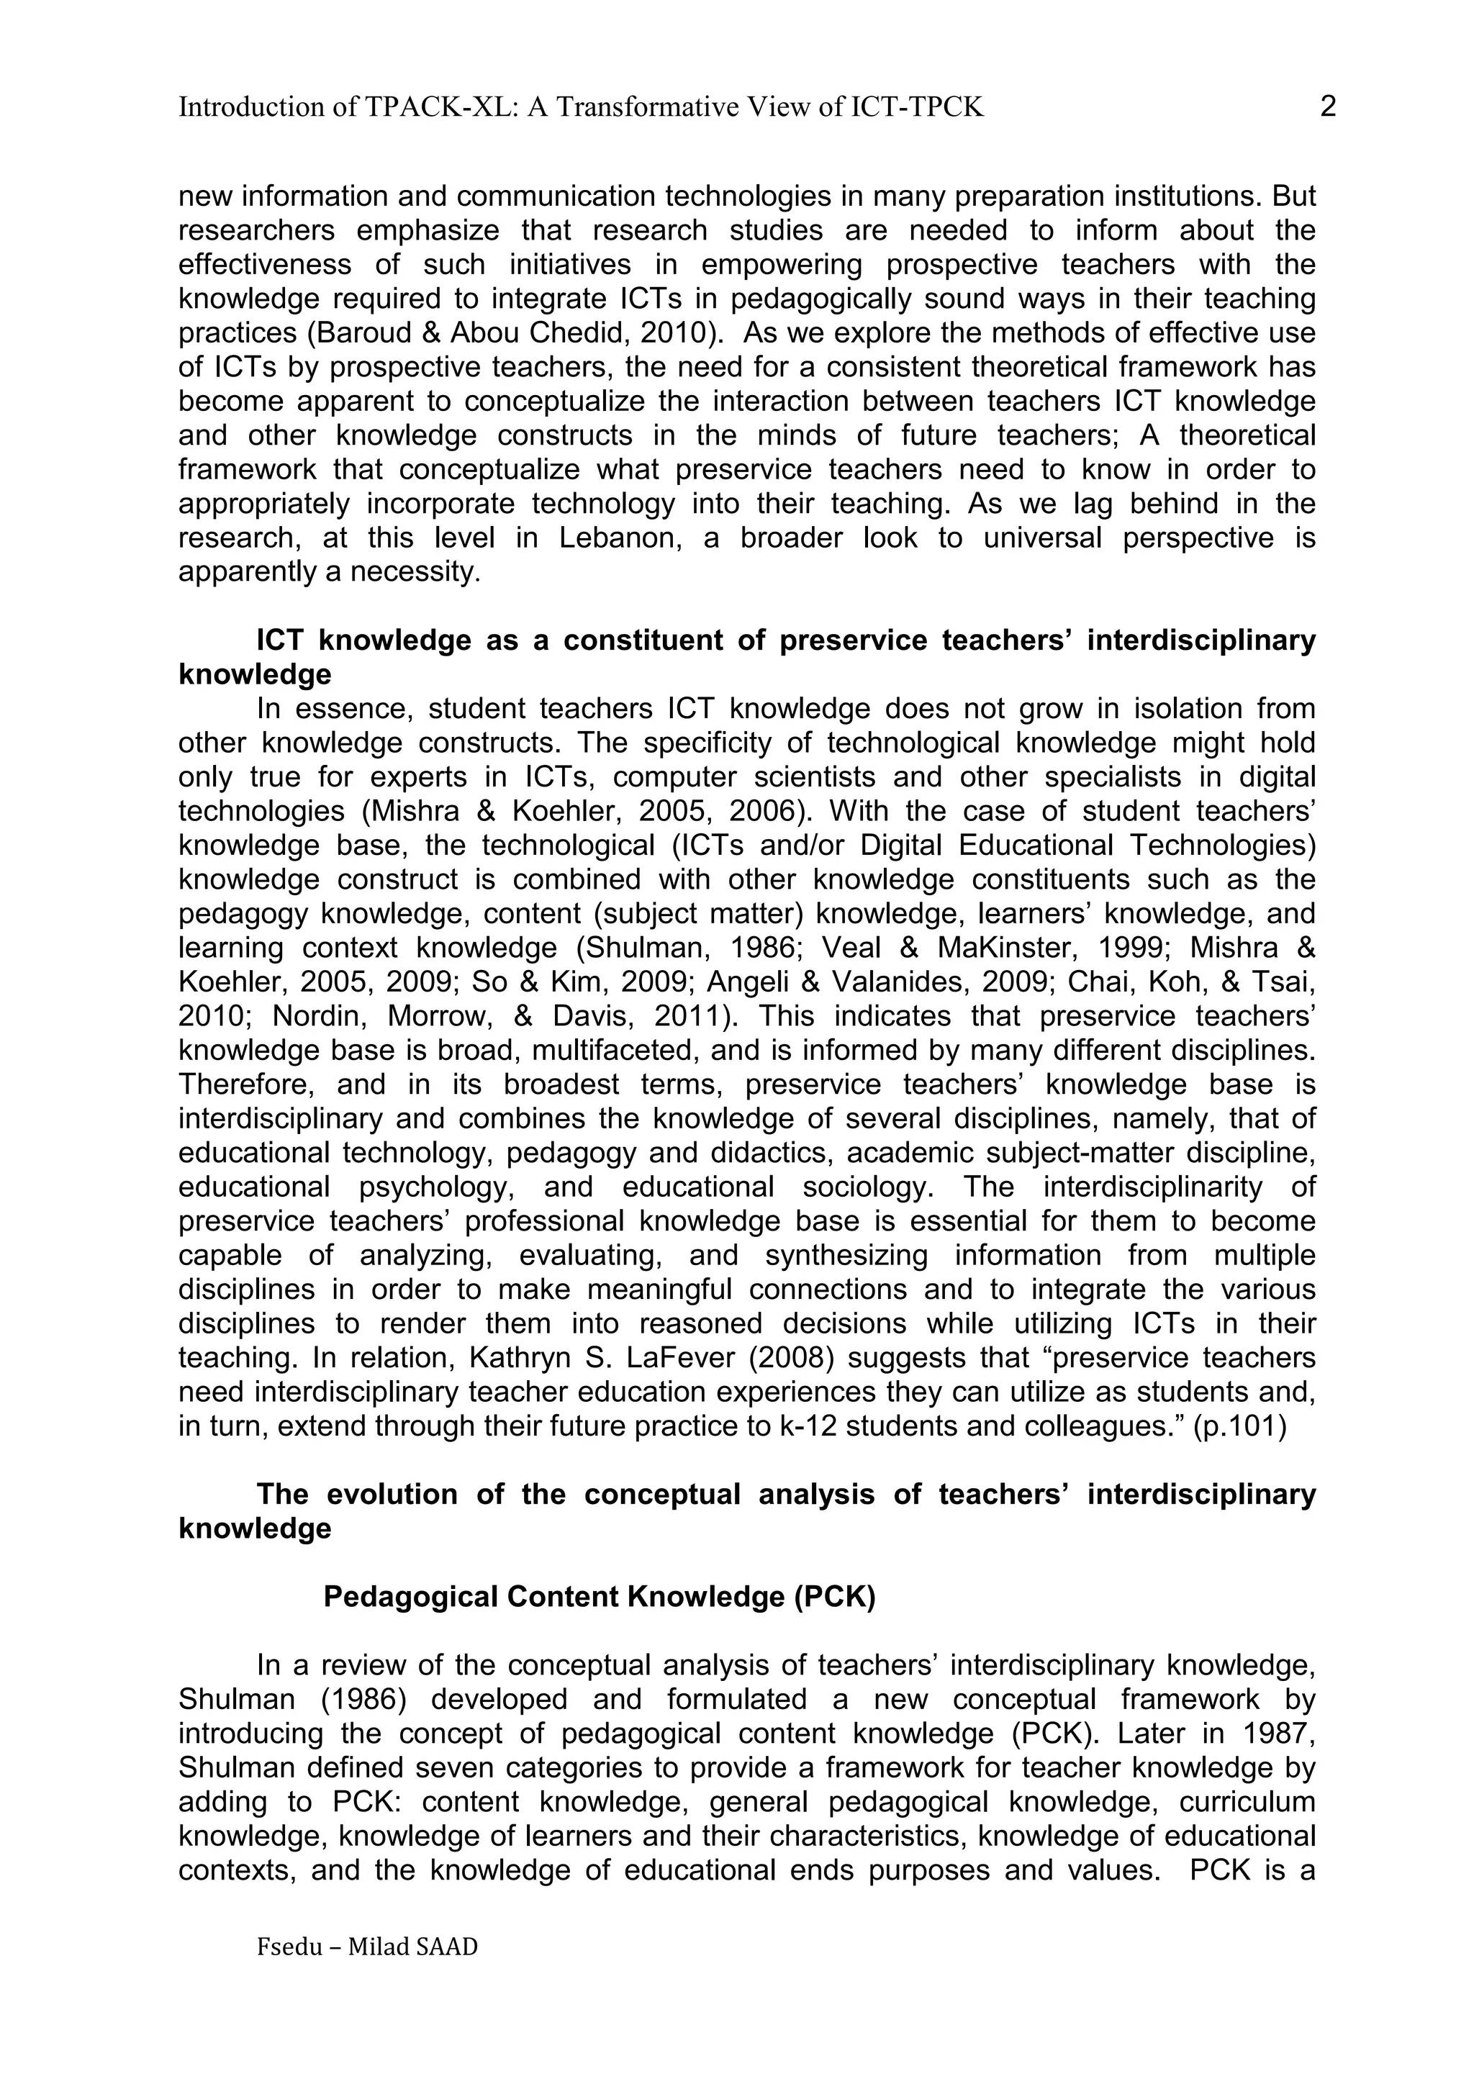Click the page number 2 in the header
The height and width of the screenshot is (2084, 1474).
pos(1327,107)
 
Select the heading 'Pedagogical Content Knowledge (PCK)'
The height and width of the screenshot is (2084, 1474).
pos(599,1597)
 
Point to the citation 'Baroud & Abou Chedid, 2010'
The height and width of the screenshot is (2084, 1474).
pos(511,333)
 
